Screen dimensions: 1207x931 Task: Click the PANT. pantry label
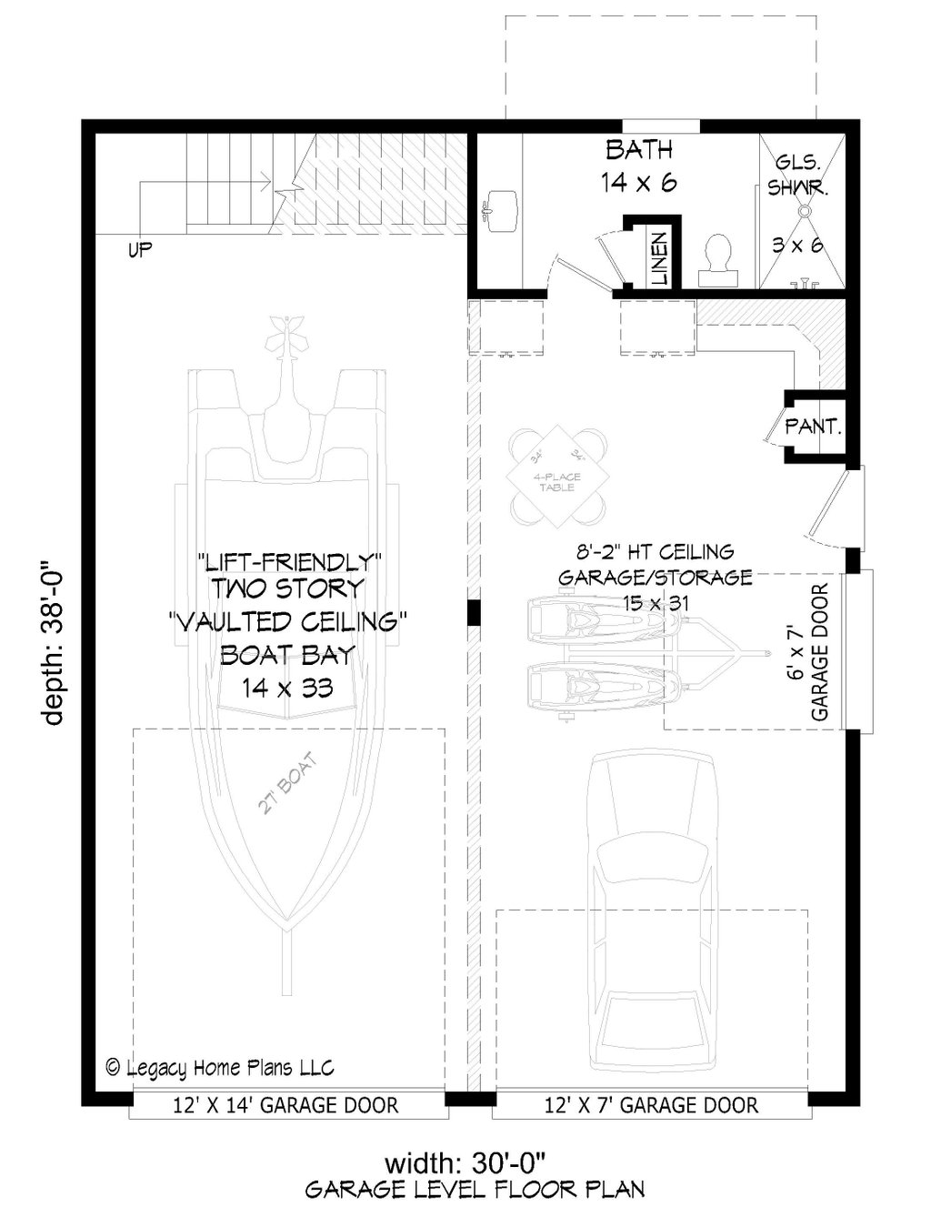pos(813,425)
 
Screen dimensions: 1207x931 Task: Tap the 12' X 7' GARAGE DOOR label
pos(651,1105)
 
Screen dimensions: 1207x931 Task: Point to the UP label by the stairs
pos(139,249)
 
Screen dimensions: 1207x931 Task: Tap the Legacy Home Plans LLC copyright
pos(220,1067)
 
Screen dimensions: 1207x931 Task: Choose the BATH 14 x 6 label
pos(639,166)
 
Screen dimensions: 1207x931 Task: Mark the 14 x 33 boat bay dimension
pos(286,688)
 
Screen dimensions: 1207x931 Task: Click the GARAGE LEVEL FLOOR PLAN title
pos(475,1189)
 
